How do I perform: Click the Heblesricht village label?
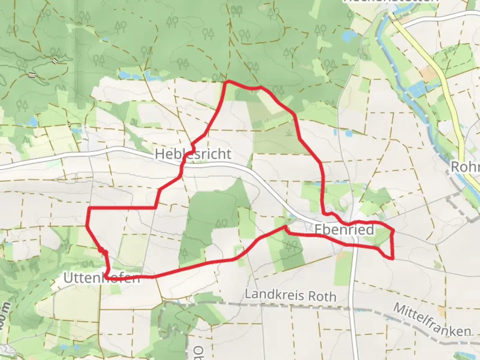click(193, 154)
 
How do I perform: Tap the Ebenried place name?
click(344, 230)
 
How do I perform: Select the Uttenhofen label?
click(102, 277)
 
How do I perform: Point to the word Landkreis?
click(274, 295)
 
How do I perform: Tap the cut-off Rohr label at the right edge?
click(465, 167)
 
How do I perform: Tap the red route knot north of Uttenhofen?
click(102, 251)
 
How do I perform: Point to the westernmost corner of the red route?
click(87, 225)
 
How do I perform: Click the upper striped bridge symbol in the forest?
click(54, 60)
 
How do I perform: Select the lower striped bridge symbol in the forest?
click(32, 75)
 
